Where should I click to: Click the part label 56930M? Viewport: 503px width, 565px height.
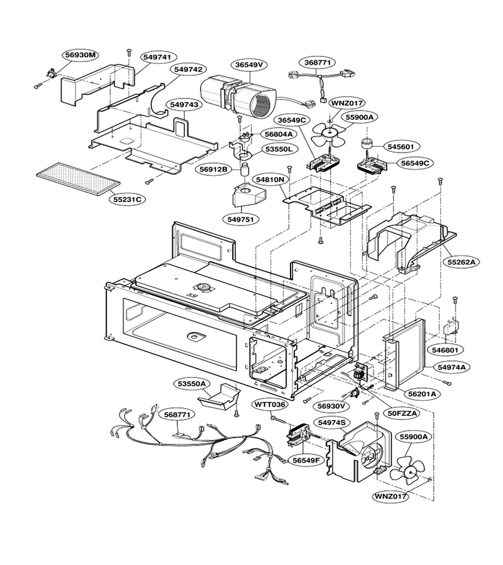[81, 55]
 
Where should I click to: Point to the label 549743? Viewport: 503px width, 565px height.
[184, 104]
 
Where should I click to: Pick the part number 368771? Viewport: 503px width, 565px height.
[318, 62]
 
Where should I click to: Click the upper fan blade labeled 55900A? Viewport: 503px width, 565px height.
[328, 134]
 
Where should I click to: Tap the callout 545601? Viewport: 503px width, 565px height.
[401, 147]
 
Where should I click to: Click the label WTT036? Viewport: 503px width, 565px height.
[270, 404]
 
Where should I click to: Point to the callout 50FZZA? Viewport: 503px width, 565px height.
[402, 413]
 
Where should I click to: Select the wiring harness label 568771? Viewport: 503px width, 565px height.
[177, 415]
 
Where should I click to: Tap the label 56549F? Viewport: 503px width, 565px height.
[306, 460]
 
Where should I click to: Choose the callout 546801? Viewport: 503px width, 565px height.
[445, 350]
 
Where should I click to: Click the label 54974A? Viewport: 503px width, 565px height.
[452, 367]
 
